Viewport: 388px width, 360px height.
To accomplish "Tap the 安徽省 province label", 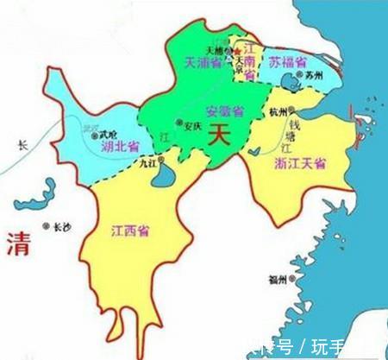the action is click(x=221, y=111).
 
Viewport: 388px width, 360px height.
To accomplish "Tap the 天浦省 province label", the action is click(x=203, y=62).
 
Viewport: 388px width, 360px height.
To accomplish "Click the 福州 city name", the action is click(x=277, y=279).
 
